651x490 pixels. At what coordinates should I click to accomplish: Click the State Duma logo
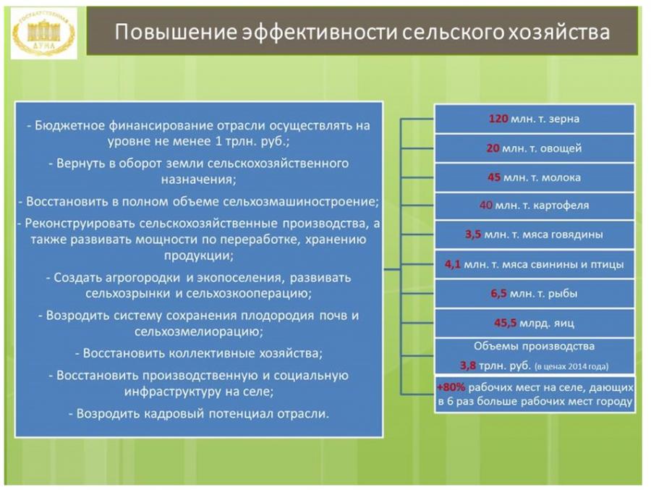click(43, 33)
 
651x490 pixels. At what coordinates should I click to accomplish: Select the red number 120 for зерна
click(498, 119)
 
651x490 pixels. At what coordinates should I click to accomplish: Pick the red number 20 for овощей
click(493, 148)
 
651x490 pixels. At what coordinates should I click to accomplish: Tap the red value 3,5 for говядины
click(473, 235)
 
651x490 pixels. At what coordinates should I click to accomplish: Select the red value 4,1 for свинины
click(453, 265)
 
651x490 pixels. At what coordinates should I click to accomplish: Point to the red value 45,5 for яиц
click(506, 324)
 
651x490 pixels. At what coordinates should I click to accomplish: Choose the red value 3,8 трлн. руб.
click(468, 366)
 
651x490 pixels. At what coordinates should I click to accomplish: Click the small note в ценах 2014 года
click(571, 367)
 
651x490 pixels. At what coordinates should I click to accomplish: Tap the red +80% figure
click(451, 388)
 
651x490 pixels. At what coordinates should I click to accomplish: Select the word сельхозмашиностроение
click(301, 202)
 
